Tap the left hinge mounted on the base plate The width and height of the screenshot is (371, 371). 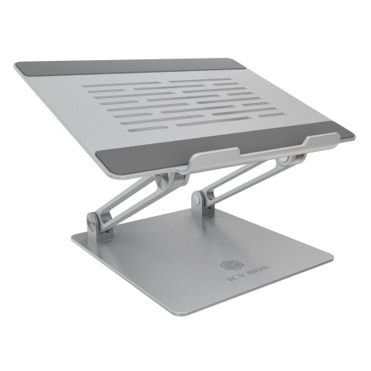click(x=98, y=223)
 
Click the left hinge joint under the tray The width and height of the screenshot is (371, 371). click(x=168, y=182)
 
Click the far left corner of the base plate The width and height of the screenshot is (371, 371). click(x=73, y=242)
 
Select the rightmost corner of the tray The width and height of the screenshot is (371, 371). click(x=354, y=134)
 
